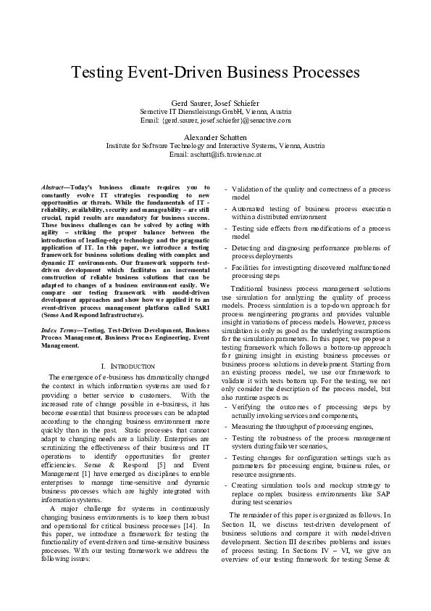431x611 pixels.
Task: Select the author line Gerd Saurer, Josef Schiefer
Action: point(215,103)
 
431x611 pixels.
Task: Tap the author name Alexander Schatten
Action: point(215,136)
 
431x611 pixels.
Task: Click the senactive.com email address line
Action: point(215,120)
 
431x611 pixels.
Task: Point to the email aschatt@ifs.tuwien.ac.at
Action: point(215,154)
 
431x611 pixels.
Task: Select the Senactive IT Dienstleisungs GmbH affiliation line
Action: point(215,112)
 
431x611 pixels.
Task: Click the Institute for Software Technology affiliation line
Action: point(215,145)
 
